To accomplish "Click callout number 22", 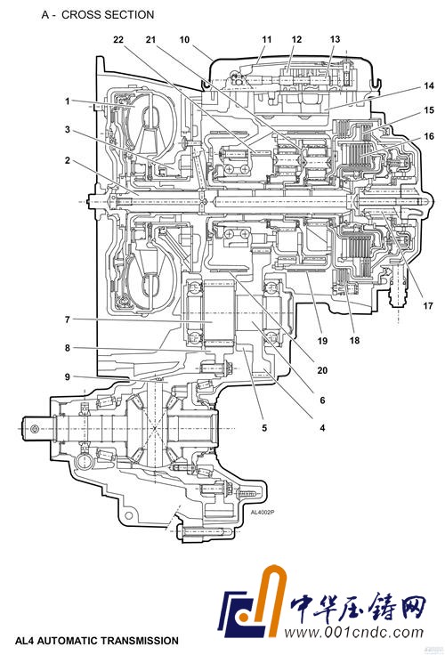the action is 118,40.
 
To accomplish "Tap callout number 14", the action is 429,86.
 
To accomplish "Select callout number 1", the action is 68,101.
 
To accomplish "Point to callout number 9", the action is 68,376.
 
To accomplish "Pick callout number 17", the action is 428,306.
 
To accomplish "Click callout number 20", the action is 322,370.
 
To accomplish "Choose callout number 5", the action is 264,428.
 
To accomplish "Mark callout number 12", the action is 296,40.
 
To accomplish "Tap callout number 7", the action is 68,319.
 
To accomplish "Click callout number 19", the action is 322,341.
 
